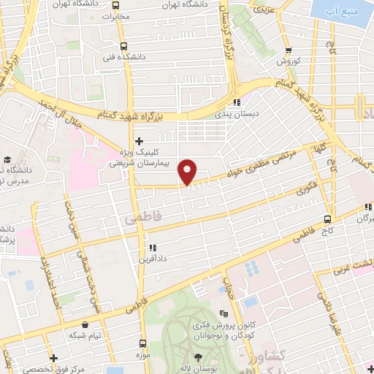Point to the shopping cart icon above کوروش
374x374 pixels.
tap(289, 50)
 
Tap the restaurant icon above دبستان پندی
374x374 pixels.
tap(236, 102)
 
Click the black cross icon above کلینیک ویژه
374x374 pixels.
tap(139, 140)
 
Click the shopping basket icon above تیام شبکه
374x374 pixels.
tap(87, 324)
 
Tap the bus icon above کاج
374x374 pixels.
tap(327, 218)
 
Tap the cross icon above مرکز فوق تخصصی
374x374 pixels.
tap(54, 358)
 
